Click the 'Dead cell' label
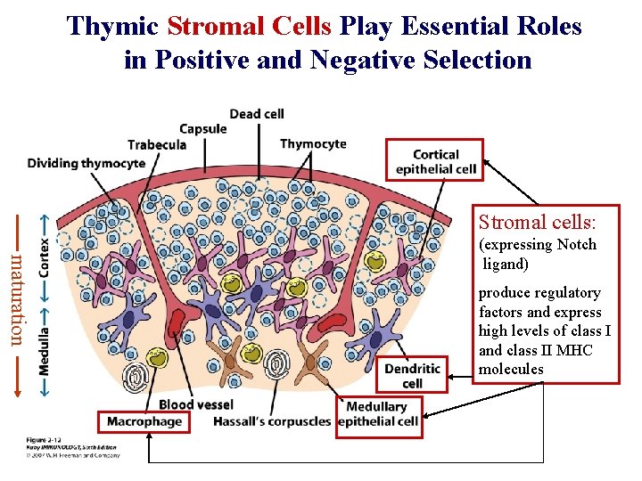pyautogui.click(x=257, y=113)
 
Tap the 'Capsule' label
pyautogui.click(x=203, y=128)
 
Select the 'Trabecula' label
pyautogui.click(x=157, y=144)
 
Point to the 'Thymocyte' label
pyautogui.click(x=313, y=144)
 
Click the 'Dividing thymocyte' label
pyautogui.click(x=86, y=163)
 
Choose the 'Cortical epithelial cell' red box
pyautogui.click(x=435, y=160)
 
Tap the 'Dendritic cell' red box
pyautogui.click(x=412, y=375)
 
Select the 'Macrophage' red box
pyautogui.click(x=144, y=420)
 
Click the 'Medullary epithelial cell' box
pyautogui.click(x=378, y=414)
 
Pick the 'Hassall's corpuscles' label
pyautogui.click(x=271, y=421)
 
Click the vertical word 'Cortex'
pyautogui.click(x=45, y=253)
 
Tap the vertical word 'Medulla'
pyautogui.click(x=45, y=353)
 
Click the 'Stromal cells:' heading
pyautogui.click(x=537, y=221)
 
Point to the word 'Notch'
pyautogui.click(x=576, y=245)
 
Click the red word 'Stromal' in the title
pyautogui.click(x=212, y=27)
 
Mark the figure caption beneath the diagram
pyautogui.click(x=62, y=448)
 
